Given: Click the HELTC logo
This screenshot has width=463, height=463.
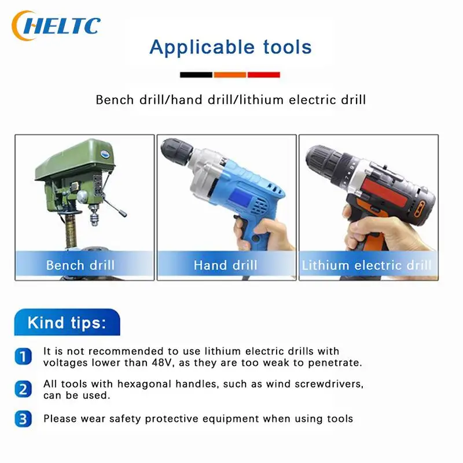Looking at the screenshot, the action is [x=56, y=25].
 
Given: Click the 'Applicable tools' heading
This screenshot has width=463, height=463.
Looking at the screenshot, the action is [x=230, y=47].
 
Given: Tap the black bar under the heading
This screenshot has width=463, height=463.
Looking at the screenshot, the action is [x=196, y=75].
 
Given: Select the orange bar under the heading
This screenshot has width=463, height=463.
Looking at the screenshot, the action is [x=230, y=75].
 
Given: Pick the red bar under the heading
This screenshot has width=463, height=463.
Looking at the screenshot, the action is [x=264, y=75].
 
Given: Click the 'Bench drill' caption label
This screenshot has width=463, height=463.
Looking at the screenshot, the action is [x=80, y=265].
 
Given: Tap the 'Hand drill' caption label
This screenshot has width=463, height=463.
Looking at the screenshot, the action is [x=225, y=265].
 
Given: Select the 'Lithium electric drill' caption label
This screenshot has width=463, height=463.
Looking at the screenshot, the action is [x=366, y=265].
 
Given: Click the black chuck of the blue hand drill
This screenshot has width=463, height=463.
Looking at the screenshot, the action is [x=177, y=151].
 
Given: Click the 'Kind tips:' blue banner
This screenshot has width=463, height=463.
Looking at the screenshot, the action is [x=67, y=322].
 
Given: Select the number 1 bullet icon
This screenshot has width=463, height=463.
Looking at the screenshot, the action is [x=23, y=357].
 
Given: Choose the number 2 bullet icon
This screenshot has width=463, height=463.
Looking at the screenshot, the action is [x=23, y=389].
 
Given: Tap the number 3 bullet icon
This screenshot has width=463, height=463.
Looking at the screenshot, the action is [x=23, y=418].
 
